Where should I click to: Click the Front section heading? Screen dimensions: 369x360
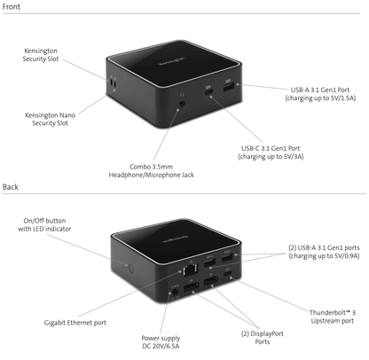point(12,6)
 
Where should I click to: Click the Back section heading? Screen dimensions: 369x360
point(11,187)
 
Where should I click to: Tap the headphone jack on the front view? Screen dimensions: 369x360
point(182,104)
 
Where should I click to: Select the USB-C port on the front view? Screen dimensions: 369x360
point(209,91)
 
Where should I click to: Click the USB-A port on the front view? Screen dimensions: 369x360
point(229,87)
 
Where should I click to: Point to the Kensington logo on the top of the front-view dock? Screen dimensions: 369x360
point(171,60)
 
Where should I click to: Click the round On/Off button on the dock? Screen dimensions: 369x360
point(131,269)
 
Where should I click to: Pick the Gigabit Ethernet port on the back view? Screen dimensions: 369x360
point(191,270)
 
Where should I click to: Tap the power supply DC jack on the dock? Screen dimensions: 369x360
point(175,292)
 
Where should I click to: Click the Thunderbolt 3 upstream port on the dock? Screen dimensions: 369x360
point(227,273)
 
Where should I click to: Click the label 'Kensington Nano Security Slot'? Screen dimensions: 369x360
point(50,119)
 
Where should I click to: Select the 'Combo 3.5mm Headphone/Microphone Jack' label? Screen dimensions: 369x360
point(151,171)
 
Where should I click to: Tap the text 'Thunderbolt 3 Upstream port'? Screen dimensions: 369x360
point(333,317)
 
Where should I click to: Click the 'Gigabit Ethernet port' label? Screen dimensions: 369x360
point(75,323)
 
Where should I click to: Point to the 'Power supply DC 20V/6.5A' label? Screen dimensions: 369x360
point(161,342)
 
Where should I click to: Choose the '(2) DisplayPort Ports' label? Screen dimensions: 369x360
point(263,338)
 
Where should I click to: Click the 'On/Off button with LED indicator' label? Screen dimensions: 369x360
point(44,224)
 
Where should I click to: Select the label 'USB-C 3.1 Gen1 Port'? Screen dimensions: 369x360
point(271,148)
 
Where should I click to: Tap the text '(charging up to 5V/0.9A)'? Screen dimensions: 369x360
point(324,256)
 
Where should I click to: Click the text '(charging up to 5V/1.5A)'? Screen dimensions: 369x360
point(320,98)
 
